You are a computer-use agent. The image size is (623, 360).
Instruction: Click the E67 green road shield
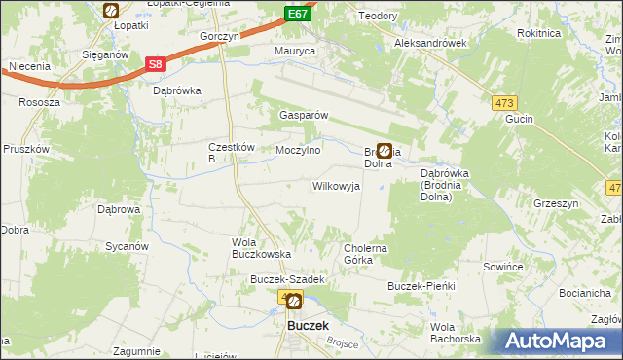point(299,14)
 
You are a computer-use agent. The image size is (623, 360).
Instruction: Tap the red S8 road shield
point(155,65)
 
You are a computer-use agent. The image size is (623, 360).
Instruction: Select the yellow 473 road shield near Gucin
point(505,103)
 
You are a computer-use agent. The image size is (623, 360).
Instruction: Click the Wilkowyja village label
point(336,185)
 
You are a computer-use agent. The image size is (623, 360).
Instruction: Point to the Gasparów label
point(305,114)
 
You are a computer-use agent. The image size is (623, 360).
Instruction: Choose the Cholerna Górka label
point(366,254)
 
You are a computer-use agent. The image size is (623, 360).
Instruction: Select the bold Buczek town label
point(308,326)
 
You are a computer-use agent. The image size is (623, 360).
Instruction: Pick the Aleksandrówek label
point(431,44)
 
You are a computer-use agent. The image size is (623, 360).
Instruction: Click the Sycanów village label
point(126,246)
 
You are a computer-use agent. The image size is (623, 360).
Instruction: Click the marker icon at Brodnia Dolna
point(385,151)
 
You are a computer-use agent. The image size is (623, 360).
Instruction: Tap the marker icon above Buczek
point(294,302)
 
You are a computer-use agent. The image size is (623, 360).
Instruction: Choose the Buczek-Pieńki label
point(421,286)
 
